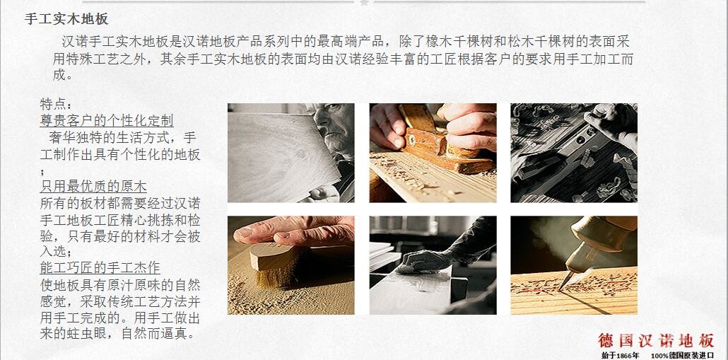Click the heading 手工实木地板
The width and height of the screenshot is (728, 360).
point(66,19)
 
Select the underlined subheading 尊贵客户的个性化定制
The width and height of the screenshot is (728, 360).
point(107,121)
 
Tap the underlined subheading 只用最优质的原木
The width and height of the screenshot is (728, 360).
point(93,187)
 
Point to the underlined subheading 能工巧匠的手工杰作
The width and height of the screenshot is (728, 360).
point(100,267)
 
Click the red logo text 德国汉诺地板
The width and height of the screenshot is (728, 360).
point(656,340)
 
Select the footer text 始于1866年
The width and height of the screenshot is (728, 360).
point(621,355)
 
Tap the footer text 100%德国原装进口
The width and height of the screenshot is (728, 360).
point(683,355)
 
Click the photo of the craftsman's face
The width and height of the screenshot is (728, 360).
point(290,153)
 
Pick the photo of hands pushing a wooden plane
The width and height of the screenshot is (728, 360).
point(433,153)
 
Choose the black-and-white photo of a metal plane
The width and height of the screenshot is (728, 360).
point(574,153)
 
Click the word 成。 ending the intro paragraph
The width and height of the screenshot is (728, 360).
point(63,75)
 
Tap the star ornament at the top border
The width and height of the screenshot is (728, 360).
point(365,2)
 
